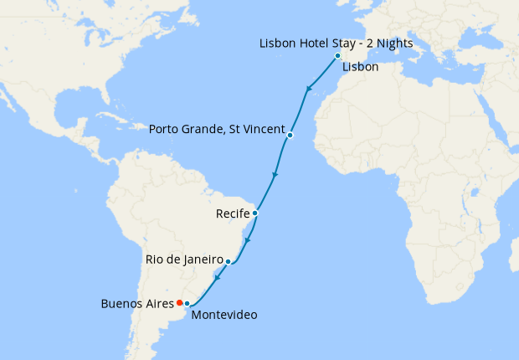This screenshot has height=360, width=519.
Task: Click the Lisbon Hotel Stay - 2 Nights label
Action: (x=337, y=44)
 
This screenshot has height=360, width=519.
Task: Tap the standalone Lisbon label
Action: (x=361, y=66)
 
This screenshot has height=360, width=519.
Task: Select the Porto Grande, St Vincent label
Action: (x=215, y=130)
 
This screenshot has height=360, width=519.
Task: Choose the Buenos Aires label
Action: (x=136, y=303)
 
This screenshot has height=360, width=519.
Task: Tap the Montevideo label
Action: (x=224, y=316)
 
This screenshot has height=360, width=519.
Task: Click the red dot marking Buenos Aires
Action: (x=180, y=302)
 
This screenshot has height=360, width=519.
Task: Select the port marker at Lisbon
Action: (x=337, y=56)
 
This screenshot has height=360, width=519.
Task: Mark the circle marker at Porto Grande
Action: (x=290, y=135)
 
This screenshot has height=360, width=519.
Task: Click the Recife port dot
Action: (x=254, y=213)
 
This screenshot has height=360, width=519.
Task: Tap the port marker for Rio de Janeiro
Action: (x=228, y=262)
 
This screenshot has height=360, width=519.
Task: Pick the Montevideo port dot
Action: (x=188, y=303)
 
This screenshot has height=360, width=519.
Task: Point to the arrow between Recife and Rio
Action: (x=247, y=240)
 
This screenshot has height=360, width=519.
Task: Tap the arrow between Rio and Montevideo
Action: (x=218, y=279)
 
